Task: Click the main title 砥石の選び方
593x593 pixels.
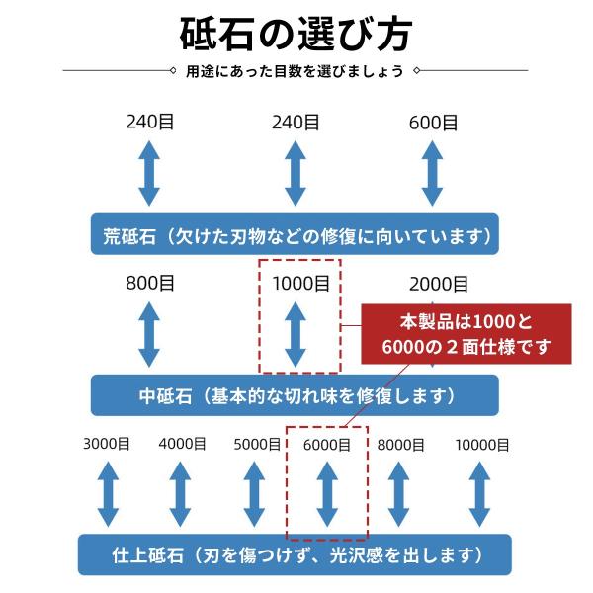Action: (x=296, y=35)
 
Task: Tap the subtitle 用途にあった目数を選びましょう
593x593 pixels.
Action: (x=296, y=70)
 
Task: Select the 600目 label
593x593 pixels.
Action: (x=433, y=123)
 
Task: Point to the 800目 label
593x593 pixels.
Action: (x=150, y=284)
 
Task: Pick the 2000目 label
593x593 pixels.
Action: (x=440, y=285)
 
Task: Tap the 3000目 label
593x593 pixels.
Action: (x=109, y=445)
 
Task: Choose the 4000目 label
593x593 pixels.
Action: (x=182, y=445)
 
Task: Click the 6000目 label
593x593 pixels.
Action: (x=326, y=445)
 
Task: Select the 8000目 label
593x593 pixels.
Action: (x=400, y=445)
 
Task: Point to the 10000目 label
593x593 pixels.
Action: (x=482, y=445)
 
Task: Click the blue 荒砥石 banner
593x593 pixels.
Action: (x=296, y=235)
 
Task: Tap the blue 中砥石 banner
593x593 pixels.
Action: (x=296, y=395)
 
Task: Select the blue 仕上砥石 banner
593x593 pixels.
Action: (x=296, y=554)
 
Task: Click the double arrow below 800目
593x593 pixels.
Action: (x=149, y=334)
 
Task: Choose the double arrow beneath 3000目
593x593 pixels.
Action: (x=108, y=494)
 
